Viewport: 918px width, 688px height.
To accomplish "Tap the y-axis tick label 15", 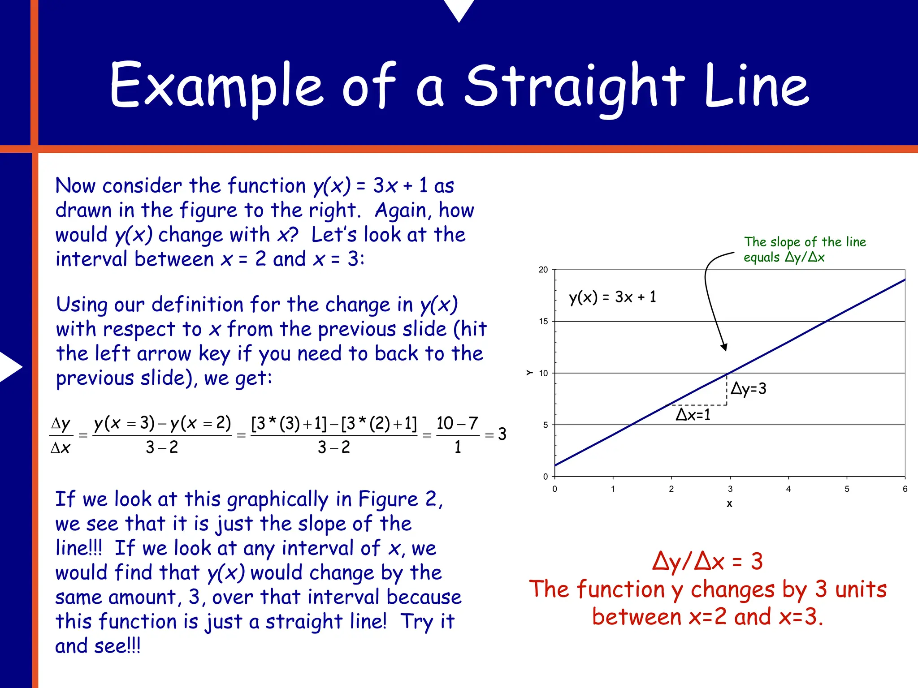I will (x=543, y=321).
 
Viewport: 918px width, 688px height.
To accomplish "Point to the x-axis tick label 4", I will (x=788, y=489).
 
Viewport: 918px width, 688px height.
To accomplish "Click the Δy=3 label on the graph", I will (x=748, y=388).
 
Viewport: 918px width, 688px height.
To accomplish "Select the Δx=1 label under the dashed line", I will (x=693, y=415).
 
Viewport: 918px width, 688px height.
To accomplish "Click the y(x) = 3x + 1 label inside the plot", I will (x=612, y=297).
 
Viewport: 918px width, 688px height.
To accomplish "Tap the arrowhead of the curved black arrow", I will (x=724, y=347).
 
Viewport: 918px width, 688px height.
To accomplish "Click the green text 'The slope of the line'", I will (x=805, y=242).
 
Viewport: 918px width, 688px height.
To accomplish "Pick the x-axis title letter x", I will (x=729, y=503).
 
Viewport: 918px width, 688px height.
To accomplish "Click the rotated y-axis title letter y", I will (x=529, y=373).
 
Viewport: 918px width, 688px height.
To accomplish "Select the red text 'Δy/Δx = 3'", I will (x=707, y=561).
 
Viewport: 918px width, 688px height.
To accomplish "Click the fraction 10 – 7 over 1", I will (x=457, y=434).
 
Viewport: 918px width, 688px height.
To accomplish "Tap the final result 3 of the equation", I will (x=502, y=434).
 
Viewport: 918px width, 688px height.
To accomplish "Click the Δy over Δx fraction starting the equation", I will (x=61, y=435).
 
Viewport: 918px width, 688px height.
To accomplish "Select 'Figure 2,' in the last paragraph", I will (x=400, y=499).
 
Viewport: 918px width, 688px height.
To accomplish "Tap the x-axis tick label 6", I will (x=905, y=489).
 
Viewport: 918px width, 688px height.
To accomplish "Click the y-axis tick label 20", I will (x=543, y=270).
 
